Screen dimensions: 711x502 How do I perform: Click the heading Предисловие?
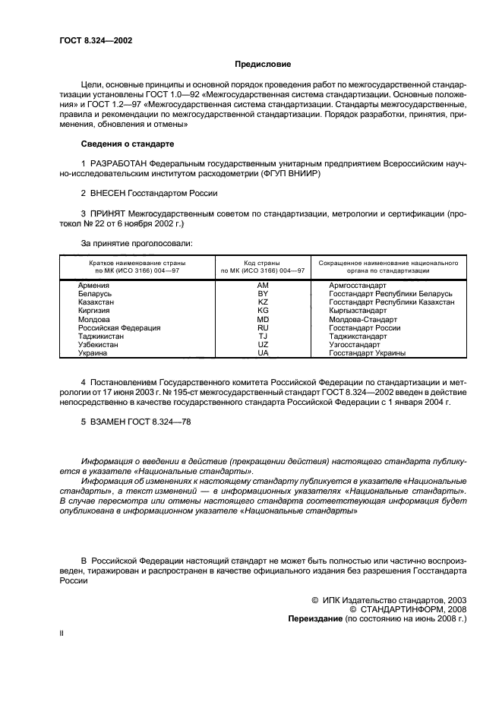263,65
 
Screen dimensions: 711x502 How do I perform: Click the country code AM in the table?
263,285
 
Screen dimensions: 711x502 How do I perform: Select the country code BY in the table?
263,293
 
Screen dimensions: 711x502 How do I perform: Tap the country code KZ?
263,302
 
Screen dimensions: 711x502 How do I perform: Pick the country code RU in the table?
263,327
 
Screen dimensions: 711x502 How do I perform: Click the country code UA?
263,352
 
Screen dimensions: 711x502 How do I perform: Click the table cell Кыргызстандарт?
358,311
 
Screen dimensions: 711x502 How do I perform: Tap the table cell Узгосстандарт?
355,344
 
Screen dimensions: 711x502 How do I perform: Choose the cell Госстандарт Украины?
367,352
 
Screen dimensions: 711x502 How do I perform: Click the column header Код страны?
263,262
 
